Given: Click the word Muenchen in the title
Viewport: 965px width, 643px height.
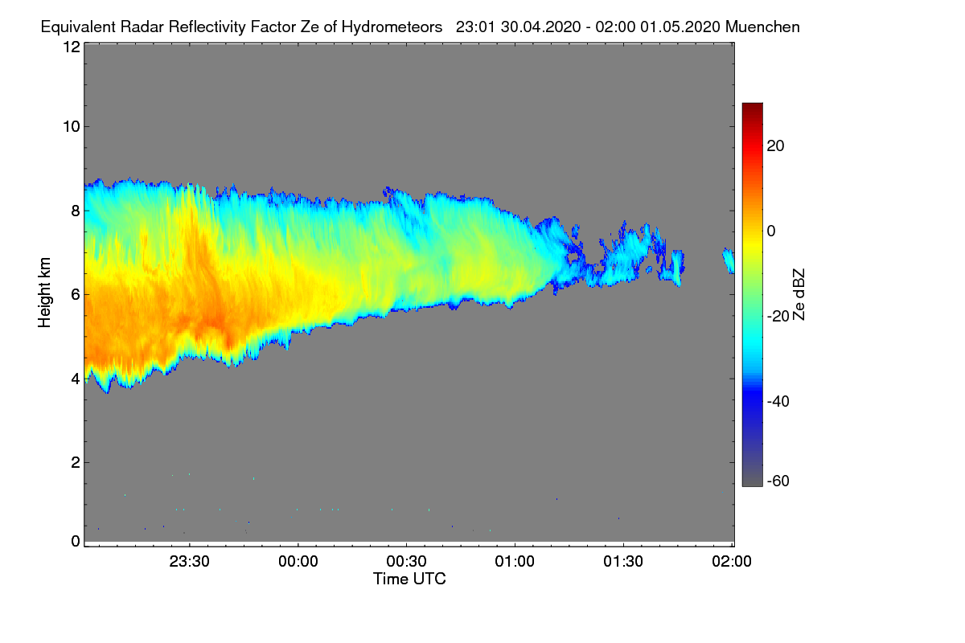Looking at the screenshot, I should (x=762, y=27).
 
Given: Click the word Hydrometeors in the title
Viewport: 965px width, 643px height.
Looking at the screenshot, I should (x=392, y=27).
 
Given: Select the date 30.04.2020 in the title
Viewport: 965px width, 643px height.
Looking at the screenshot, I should (x=537, y=27).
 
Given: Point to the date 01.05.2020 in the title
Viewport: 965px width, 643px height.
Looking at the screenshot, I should (x=680, y=27).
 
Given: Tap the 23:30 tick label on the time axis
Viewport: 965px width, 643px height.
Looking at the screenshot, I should (x=190, y=562).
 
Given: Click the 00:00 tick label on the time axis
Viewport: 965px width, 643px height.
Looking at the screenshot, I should (x=298, y=562).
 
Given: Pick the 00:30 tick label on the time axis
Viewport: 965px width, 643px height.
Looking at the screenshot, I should (x=407, y=562).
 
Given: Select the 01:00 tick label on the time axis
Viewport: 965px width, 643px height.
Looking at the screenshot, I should (x=515, y=562).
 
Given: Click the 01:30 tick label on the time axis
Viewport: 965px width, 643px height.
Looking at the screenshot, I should (x=623, y=562).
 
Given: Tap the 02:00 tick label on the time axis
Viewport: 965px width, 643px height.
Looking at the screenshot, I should (x=732, y=562).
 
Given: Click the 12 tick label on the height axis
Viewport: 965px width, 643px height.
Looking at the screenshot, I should (x=71, y=47).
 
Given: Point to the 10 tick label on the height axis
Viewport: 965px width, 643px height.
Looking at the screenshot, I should (x=71, y=126).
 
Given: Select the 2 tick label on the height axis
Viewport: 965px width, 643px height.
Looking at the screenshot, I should (x=76, y=462).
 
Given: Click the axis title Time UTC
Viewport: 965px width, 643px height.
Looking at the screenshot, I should (x=409, y=579).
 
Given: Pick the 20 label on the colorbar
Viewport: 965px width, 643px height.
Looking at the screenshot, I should (x=776, y=145).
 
